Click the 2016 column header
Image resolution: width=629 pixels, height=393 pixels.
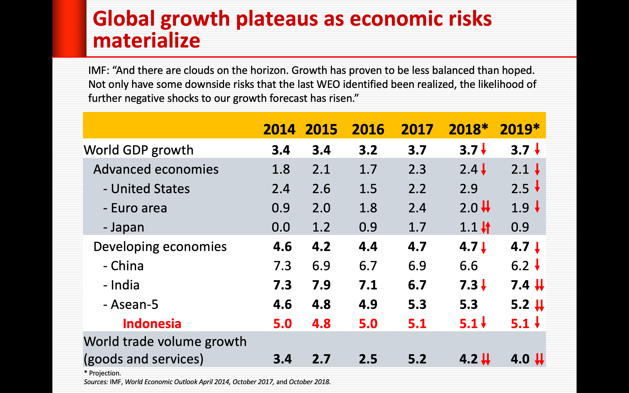click(368, 129)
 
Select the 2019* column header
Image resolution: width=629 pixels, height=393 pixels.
click(520, 129)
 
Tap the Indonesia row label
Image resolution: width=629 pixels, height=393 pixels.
click(152, 324)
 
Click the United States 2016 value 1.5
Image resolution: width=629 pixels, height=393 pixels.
click(368, 189)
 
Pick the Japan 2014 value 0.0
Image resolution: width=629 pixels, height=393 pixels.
click(281, 227)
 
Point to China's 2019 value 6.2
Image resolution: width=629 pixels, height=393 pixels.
click(520, 266)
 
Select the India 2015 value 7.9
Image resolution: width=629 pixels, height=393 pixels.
click(321, 285)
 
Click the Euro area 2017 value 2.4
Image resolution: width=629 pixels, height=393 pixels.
click(417, 208)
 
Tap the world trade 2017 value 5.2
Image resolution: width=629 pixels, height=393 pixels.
click(417, 359)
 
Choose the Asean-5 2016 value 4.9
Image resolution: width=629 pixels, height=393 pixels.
click(368, 304)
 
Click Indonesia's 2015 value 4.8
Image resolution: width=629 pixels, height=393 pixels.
click(321, 324)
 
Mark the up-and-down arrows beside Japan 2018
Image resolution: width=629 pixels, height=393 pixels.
click(486, 228)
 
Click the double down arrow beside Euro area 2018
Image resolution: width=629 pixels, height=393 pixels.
click(486, 207)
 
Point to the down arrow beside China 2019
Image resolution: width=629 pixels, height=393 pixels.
click(537, 265)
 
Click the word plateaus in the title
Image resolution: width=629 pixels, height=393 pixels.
click(276, 19)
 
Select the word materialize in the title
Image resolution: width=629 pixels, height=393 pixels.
click(146, 41)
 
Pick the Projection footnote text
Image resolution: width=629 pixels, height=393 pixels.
click(104, 373)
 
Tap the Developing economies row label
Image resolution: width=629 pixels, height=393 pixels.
click(160, 247)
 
